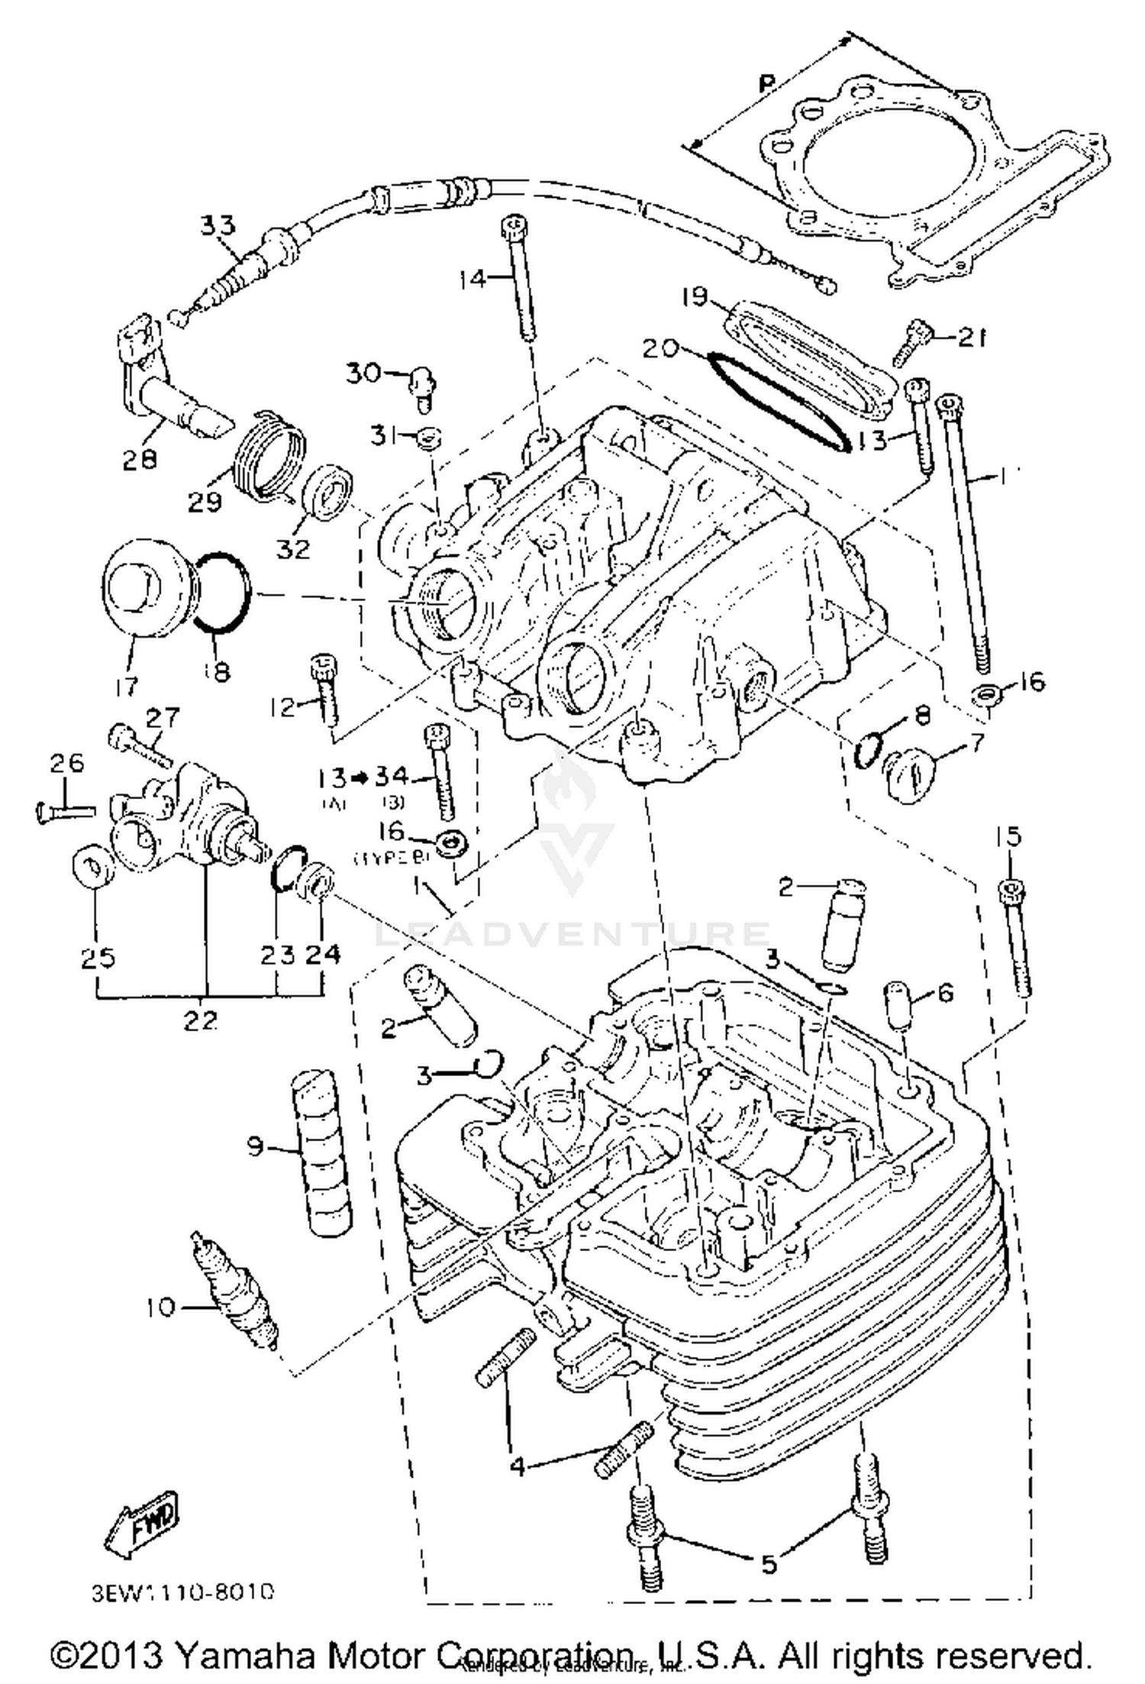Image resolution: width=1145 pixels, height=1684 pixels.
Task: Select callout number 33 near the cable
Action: click(x=218, y=226)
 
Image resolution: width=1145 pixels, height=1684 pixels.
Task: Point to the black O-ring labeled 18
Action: click(x=220, y=592)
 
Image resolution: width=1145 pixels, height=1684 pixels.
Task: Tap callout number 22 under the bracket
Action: click(x=200, y=1021)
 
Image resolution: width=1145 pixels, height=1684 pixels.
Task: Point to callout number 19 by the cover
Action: click(x=695, y=298)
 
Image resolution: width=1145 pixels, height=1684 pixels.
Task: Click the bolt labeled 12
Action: click(x=324, y=688)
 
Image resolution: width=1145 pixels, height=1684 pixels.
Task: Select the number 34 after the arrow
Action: click(x=392, y=777)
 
